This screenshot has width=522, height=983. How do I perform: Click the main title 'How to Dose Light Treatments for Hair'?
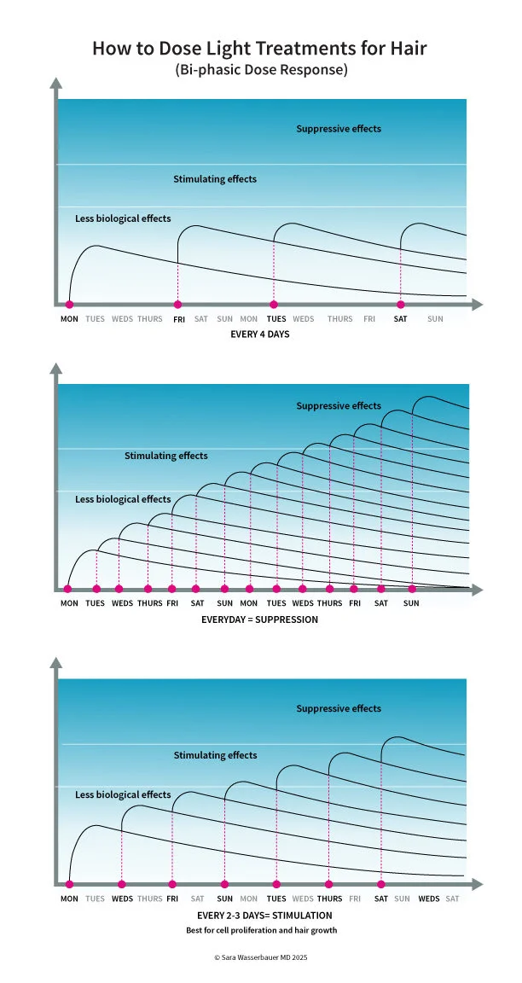(259, 49)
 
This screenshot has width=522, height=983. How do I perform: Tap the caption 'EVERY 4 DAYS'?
(260, 334)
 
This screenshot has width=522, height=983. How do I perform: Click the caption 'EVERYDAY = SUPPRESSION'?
(259, 619)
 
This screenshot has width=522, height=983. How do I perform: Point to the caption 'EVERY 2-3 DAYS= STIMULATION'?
(258, 915)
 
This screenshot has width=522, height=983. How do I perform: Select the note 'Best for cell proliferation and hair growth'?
(261, 930)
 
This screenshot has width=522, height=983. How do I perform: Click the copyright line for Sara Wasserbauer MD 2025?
(260, 958)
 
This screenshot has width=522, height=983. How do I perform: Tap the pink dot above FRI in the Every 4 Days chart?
(178, 304)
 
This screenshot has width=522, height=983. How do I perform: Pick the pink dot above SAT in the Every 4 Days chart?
(400, 304)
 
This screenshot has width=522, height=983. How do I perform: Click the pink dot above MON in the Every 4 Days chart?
(69, 304)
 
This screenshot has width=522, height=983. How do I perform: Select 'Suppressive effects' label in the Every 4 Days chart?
(339, 129)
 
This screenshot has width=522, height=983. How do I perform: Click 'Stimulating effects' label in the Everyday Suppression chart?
(166, 456)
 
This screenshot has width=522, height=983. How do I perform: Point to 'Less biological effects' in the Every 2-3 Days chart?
(123, 794)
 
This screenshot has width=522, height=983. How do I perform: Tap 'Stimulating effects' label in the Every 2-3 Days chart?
(215, 755)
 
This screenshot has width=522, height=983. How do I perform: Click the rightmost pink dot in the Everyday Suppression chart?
(412, 589)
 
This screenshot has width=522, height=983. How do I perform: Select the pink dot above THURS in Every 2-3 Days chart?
(328, 884)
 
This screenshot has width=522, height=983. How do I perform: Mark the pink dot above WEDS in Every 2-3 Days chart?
(122, 884)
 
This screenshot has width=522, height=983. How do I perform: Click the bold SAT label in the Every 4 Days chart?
(400, 319)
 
